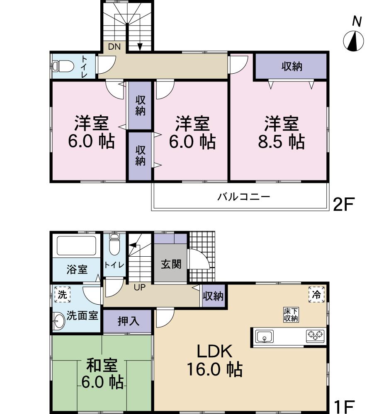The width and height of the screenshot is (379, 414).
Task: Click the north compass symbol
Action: point(354,41)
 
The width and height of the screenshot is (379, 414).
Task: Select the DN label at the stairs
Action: point(114,47)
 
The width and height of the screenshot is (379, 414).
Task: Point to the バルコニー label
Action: point(244,196)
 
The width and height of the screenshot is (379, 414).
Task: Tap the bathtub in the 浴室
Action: point(77,246)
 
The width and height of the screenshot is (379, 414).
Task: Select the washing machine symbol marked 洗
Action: point(62,295)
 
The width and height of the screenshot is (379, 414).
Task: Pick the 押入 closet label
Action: point(128,321)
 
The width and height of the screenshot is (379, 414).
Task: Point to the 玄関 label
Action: point(171,264)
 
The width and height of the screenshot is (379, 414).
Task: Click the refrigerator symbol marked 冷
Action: point(316,295)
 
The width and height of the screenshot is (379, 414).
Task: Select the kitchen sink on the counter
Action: point(264,336)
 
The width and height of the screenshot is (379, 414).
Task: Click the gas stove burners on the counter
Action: point(315,336)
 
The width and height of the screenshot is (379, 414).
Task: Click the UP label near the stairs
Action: point(139,287)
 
